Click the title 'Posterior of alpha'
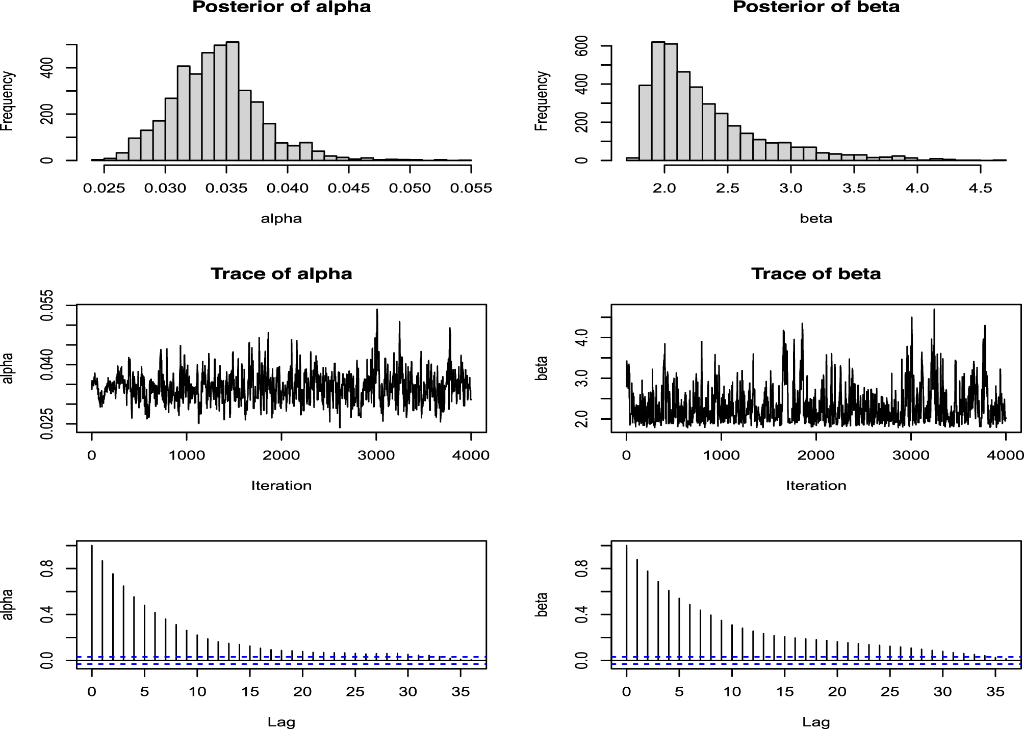point(281,7)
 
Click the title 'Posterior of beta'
point(816,7)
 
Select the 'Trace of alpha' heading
point(281,274)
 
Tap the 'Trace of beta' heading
point(816,274)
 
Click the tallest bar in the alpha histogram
point(233,102)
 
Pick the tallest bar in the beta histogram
point(658,102)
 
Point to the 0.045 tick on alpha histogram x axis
point(349,188)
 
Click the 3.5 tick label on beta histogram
point(854,188)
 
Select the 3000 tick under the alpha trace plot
point(376,455)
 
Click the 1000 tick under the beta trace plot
point(721,455)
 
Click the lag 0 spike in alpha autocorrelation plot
point(92,601)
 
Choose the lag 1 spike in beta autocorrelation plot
point(637,609)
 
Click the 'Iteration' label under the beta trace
point(816,485)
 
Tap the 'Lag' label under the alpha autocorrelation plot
point(281,722)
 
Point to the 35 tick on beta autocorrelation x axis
point(995,692)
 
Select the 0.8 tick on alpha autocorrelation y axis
point(47,569)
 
